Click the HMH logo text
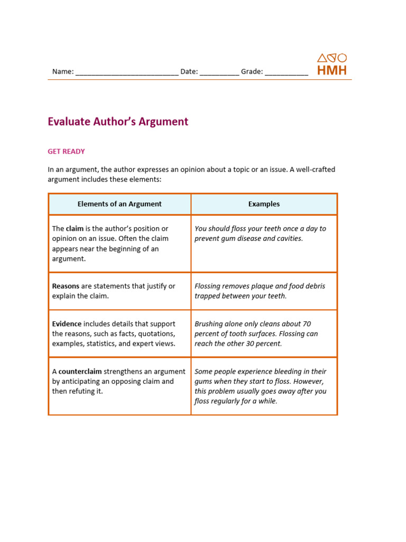[x=332, y=70]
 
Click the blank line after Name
[x=127, y=73]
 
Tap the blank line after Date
[x=219, y=73]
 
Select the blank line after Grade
[x=286, y=73]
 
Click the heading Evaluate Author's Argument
[x=118, y=122]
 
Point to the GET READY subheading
[x=66, y=151]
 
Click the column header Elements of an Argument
[x=119, y=204]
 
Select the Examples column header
[x=264, y=204]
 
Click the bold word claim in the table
[x=75, y=229]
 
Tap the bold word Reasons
[x=66, y=286]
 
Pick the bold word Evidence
[x=67, y=324]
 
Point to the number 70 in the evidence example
[x=306, y=324]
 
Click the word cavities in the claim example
[x=289, y=238]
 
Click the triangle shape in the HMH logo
[x=321, y=58]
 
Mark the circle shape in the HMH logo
[x=342, y=58]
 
